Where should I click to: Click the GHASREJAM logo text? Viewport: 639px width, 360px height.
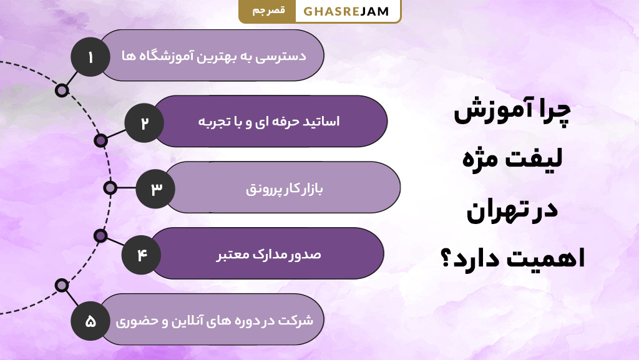coord(346,11)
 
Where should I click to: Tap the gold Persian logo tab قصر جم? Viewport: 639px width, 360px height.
coord(268,11)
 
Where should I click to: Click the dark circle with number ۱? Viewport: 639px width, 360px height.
coord(90,57)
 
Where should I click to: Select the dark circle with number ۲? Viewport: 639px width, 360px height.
coord(144,122)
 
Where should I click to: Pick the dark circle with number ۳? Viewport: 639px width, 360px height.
coord(155,188)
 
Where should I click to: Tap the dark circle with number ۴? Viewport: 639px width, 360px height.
coord(141,255)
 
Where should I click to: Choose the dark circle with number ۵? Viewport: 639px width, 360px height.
coord(90,322)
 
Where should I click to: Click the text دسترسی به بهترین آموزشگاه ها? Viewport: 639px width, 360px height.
coord(214,56)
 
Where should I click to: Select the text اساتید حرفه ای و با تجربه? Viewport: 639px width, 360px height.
coord(270,122)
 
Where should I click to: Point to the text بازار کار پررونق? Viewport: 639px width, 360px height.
coord(283,188)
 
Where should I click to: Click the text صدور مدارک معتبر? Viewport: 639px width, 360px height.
coord(269,255)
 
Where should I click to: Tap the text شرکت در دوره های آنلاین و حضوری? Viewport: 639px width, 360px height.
coord(214,321)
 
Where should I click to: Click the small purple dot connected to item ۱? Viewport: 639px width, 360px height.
coord(62,90)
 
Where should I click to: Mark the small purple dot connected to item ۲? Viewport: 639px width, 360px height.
coord(100,140)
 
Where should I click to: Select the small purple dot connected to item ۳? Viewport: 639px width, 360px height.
coord(110,188)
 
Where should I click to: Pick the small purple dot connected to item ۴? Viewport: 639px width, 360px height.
coord(100,235)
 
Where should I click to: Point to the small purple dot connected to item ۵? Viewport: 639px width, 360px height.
coord(62,285)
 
